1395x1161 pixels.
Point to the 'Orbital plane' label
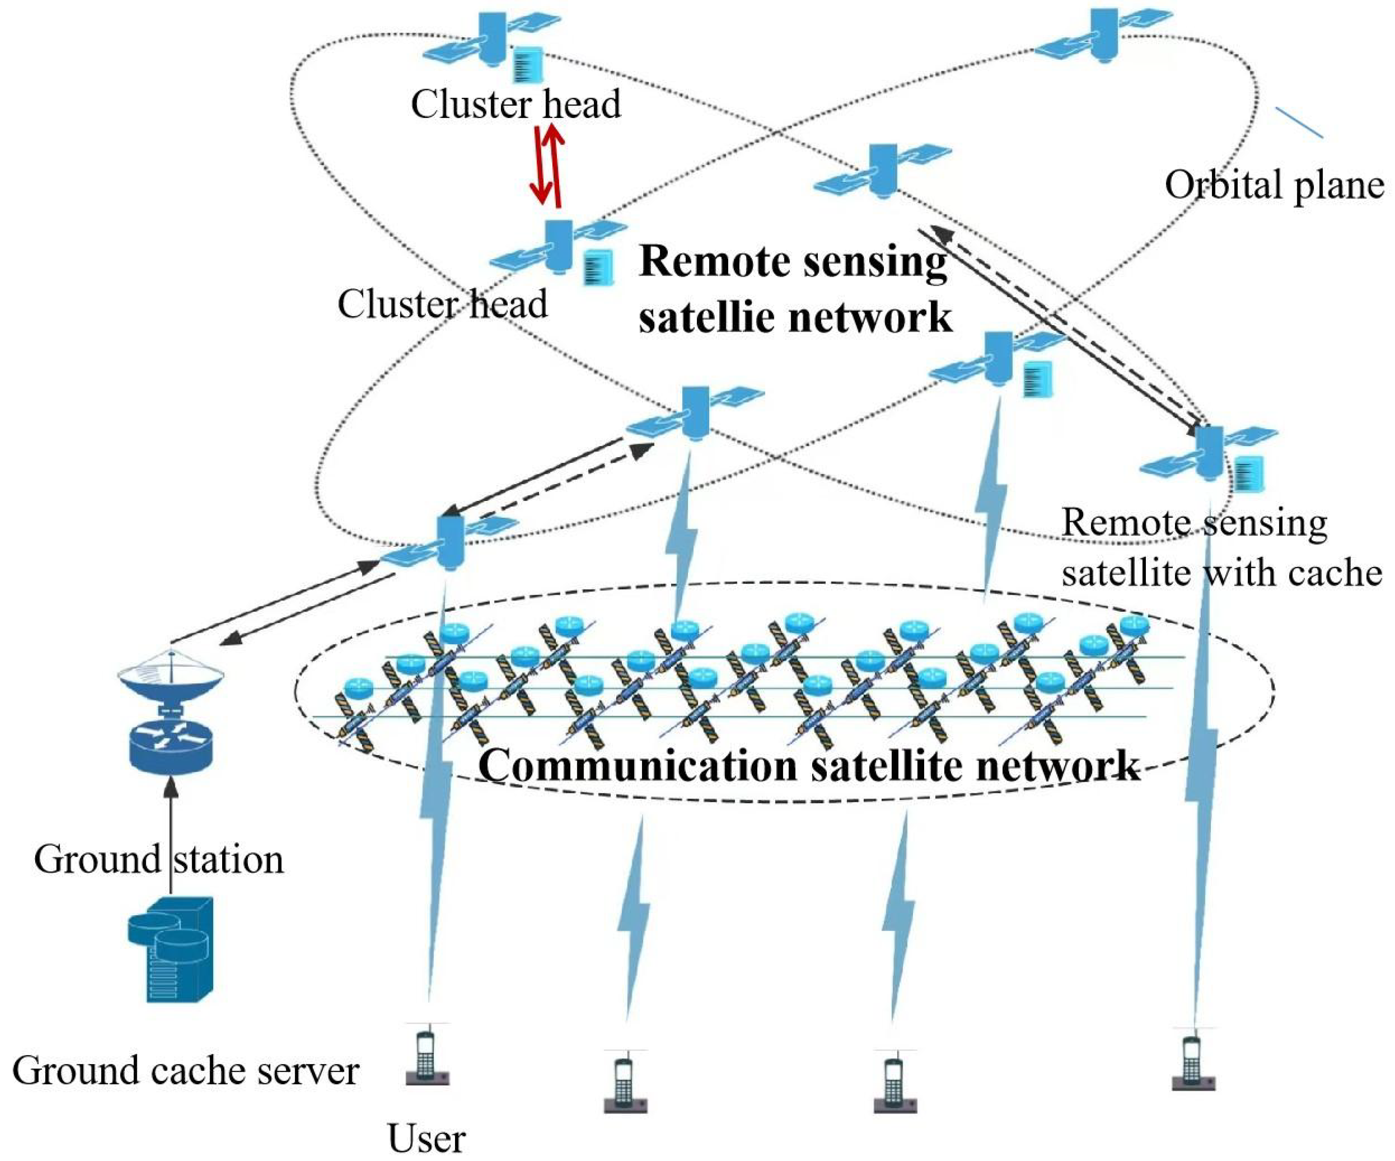point(1274,185)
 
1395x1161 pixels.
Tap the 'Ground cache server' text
point(185,1071)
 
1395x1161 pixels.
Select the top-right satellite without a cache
point(1103,36)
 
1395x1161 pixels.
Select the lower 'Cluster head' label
point(443,304)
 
